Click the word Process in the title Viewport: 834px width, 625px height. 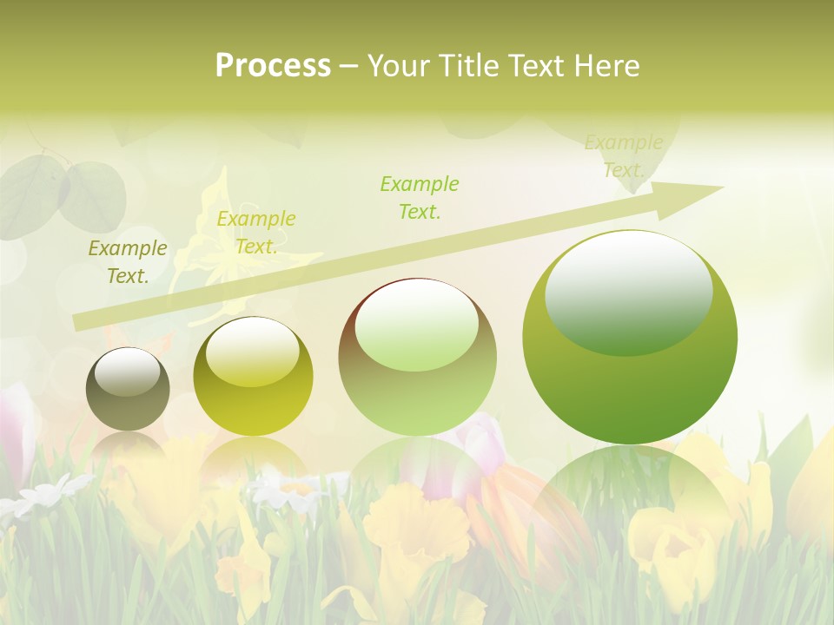[273, 66]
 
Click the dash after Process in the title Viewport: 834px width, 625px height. [348, 67]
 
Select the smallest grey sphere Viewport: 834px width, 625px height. [128, 390]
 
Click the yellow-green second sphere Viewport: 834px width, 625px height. [253, 377]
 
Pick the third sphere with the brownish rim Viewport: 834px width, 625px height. [417, 357]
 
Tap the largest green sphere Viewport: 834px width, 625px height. [630, 338]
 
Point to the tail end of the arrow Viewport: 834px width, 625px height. [80, 322]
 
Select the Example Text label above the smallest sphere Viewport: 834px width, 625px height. [128, 262]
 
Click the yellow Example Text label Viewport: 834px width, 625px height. [255, 233]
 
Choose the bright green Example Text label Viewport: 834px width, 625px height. [420, 197]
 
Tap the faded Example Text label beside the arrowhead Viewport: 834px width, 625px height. [624, 156]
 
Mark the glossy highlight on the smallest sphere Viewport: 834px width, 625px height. [127, 372]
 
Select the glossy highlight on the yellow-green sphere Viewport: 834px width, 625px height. [252, 352]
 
